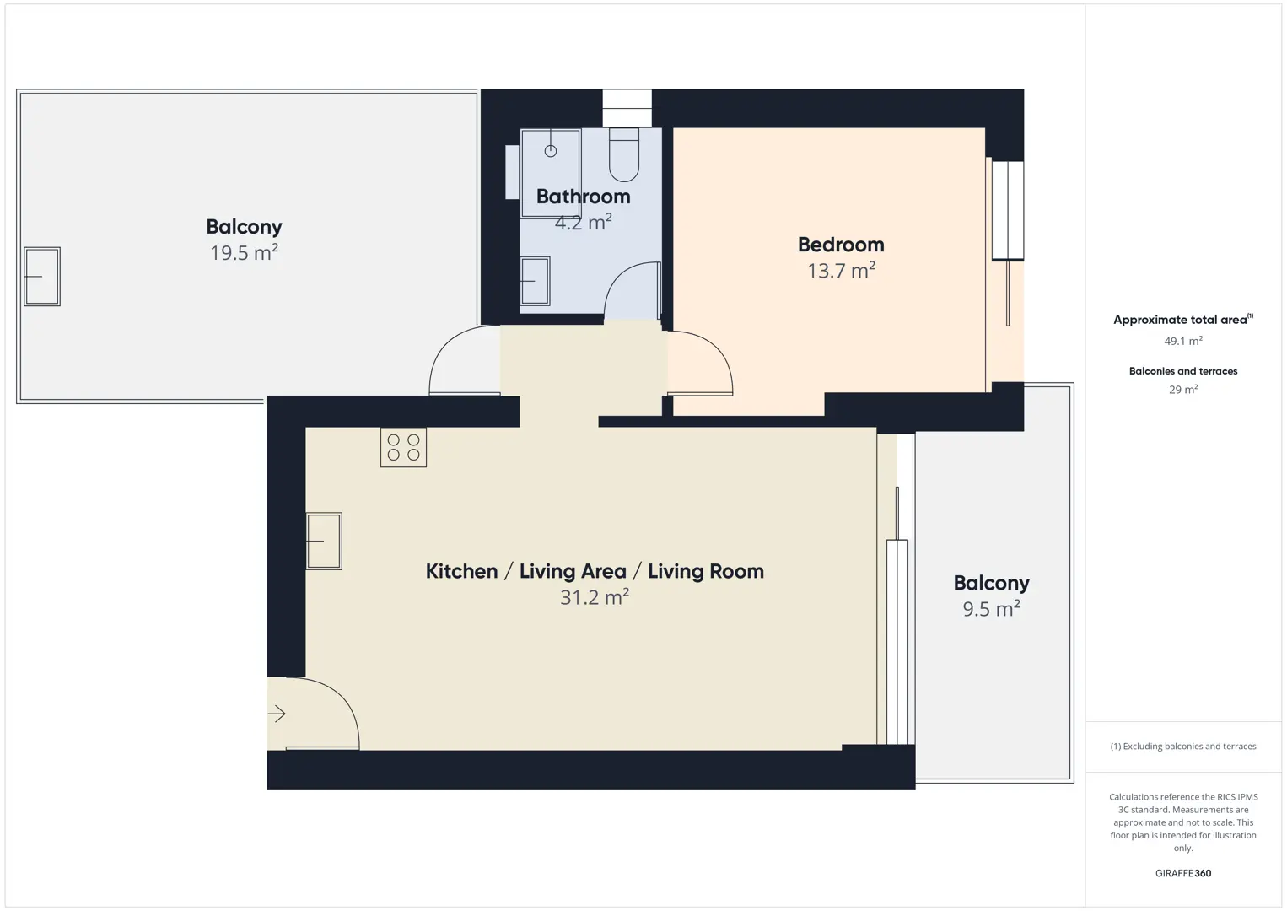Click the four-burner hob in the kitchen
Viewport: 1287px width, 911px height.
click(403, 447)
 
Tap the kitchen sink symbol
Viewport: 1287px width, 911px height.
click(324, 541)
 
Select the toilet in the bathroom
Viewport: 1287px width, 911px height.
click(624, 154)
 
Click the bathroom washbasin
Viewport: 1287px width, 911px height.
click(535, 281)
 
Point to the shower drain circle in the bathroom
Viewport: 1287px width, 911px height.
click(551, 151)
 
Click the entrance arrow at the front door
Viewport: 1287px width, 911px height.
click(277, 714)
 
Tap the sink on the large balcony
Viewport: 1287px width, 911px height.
click(42, 277)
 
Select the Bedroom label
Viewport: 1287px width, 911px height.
click(841, 245)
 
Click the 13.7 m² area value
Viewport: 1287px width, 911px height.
click(841, 270)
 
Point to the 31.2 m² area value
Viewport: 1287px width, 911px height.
click(595, 596)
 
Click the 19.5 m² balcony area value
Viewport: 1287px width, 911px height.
click(245, 251)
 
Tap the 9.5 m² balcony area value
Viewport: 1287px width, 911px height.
click(992, 608)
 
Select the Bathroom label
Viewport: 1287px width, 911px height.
click(583, 197)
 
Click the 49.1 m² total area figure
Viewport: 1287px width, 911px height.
click(1183, 341)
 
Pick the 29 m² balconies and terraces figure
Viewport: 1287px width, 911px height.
click(1183, 389)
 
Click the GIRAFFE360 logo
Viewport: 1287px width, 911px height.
click(1183, 873)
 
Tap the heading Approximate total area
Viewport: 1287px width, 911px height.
click(1183, 320)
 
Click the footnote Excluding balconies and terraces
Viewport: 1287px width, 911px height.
click(1183, 746)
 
